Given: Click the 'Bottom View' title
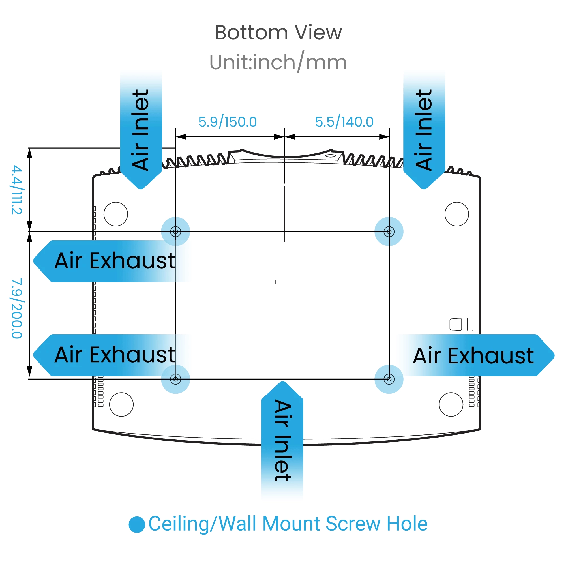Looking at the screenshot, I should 278,33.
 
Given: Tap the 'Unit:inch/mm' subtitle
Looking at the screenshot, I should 278,62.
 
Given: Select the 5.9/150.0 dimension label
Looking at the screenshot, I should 227,122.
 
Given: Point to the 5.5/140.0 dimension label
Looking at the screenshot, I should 344,122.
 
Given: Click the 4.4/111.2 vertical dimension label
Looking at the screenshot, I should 17,190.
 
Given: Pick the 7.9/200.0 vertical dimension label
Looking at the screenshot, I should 17,308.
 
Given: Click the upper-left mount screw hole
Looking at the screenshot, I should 175,232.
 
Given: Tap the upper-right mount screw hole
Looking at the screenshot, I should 389,232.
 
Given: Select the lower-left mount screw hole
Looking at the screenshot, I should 175,380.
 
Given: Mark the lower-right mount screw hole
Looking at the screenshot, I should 389,380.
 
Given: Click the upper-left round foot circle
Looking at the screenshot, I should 116,214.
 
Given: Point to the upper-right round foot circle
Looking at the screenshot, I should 457,214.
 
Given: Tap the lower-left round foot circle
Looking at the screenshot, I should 121,405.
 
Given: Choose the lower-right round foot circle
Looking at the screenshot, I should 451,405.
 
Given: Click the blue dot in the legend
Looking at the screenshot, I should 137,524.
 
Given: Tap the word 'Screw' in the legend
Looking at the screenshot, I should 353,524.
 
